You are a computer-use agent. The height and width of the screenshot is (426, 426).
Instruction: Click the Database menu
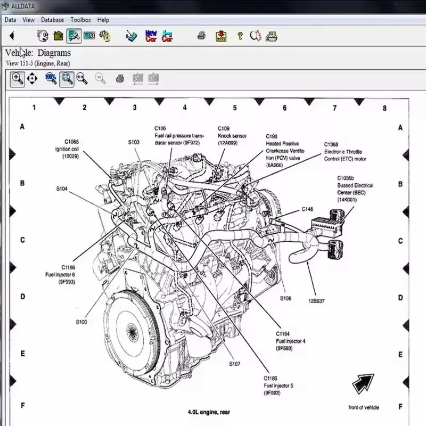click(52, 20)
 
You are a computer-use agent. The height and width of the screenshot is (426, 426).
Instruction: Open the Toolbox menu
click(80, 20)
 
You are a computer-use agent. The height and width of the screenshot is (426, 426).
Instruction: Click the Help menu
click(103, 20)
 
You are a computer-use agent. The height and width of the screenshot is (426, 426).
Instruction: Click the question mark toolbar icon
click(240, 36)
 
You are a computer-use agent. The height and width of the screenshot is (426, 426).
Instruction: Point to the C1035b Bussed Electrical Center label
click(355, 189)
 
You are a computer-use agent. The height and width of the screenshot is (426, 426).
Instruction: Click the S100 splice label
click(81, 322)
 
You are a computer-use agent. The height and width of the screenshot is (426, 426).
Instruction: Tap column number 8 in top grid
click(384, 108)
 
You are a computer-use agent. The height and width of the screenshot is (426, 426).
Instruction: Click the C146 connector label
click(307, 209)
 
